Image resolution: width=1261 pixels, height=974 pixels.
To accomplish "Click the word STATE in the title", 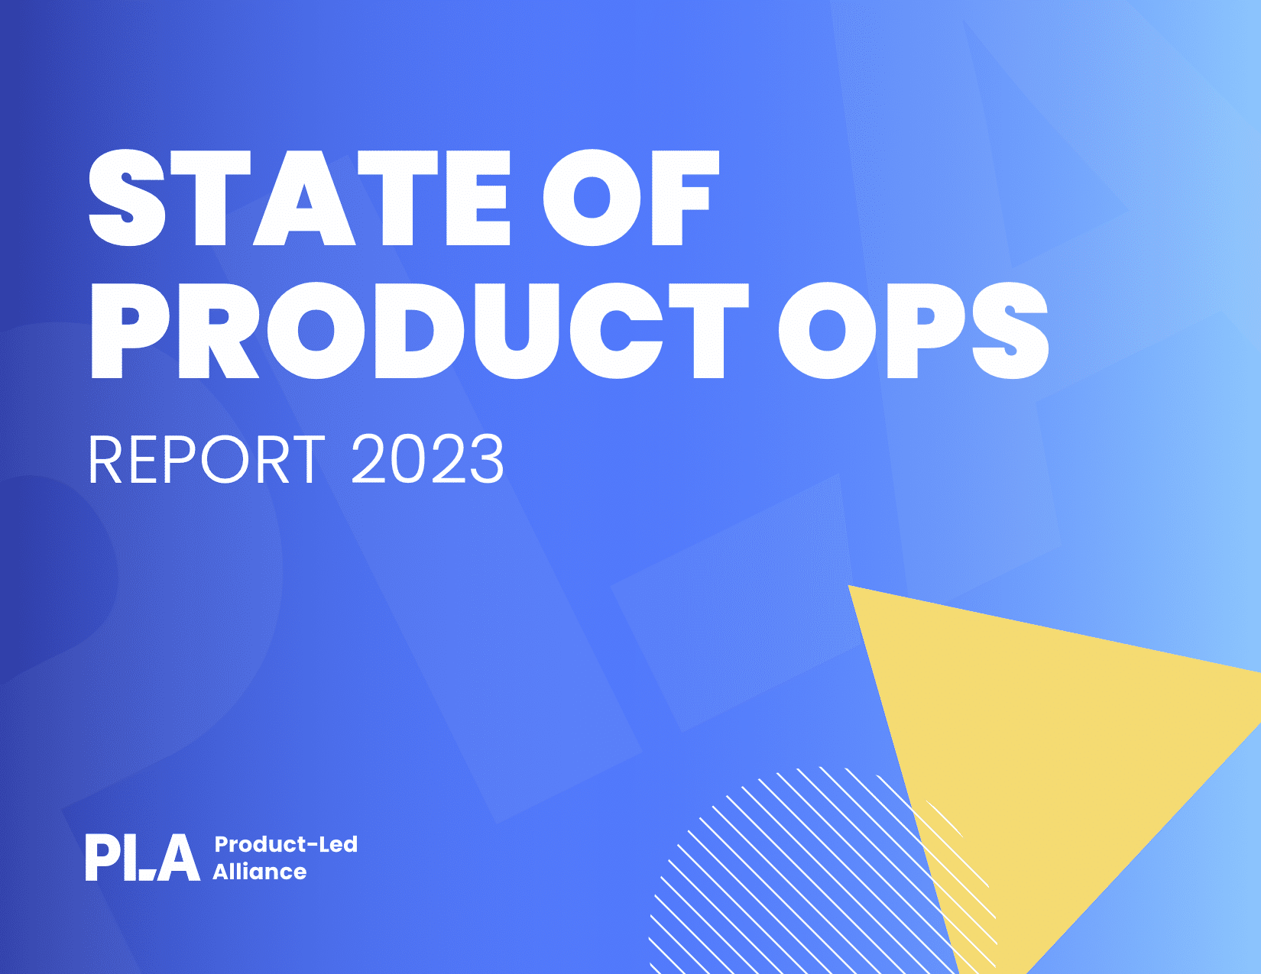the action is click(x=300, y=198).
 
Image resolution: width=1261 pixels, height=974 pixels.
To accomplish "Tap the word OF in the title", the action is click(x=631, y=198).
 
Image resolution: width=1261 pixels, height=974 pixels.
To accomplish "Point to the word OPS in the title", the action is click(x=913, y=331).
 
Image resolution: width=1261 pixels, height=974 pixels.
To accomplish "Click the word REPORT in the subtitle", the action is click(x=206, y=459).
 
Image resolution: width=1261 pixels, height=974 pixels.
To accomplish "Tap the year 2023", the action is click(x=428, y=459).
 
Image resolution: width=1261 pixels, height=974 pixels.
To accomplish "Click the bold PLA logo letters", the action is click(x=143, y=857).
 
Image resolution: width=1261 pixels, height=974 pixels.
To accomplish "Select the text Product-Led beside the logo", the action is click(x=286, y=844).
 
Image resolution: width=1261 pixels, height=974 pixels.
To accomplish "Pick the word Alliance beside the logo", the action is click(x=259, y=872).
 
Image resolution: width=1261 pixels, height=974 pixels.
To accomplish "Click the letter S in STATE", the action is click(x=128, y=198).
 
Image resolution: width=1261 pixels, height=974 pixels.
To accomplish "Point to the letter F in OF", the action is click(x=686, y=198).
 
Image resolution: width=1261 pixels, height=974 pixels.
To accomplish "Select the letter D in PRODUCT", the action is click(x=415, y=331).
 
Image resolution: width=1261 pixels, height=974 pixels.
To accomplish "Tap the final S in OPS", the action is click(x=1010, y=331).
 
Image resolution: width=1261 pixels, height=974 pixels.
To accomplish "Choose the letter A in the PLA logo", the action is click(x=177, y=858).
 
